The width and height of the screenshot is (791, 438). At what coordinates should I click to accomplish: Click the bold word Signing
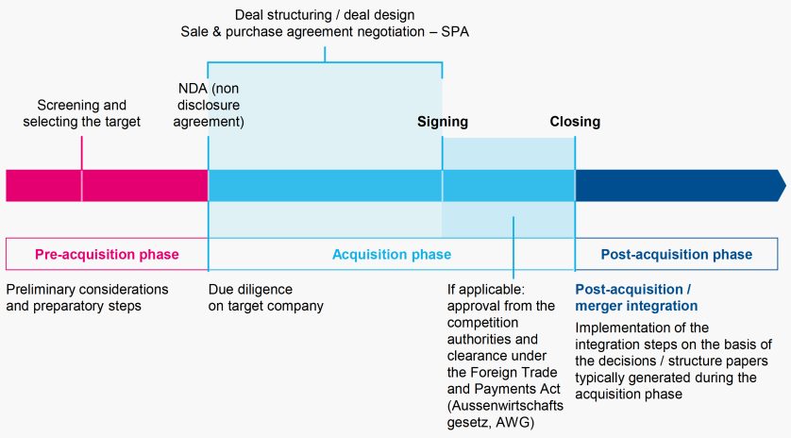[442, 122]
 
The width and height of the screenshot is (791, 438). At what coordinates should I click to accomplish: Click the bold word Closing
[575, 122]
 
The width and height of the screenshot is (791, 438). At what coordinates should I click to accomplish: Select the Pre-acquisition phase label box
[107, 254]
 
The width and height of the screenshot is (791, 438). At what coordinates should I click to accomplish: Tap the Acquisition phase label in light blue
[391, 254]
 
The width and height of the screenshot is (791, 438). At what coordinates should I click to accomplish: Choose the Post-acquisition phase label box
[677, 254]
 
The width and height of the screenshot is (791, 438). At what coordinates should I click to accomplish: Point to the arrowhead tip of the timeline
[783, 186]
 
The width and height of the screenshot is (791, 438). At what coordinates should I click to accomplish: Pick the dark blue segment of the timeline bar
[675, 186]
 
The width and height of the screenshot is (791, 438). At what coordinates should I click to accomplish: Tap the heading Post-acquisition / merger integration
[636, 297]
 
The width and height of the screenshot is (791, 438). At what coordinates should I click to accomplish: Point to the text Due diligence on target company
[265, 297]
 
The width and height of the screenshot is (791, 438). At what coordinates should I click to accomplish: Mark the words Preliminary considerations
[87, 289]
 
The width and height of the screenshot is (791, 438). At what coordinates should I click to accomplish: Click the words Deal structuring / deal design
[325, 14]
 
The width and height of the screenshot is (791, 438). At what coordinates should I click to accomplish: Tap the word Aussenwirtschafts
[505, 405]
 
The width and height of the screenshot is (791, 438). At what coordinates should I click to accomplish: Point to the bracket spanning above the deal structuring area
[325, 62]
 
